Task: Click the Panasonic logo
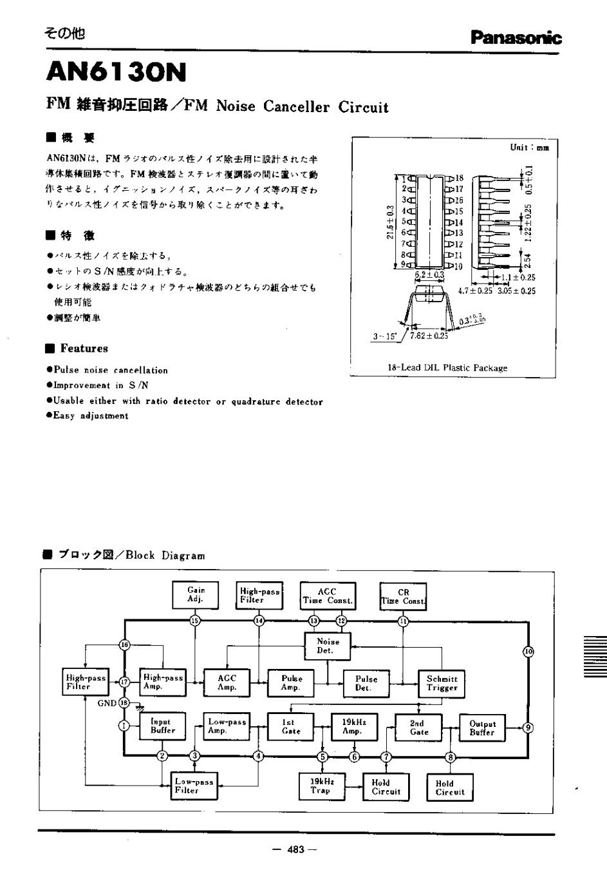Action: pos(516,38)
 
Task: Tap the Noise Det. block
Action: pos(328,646)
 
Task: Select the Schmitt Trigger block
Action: pos(442,683)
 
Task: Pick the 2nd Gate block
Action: pos(418,727)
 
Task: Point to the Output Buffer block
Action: pos(482,728)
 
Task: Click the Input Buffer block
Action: pos(162,726)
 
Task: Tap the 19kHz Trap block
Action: pos(320,785)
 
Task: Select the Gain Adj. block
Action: pos(196,594)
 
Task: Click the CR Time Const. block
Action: pos(403,596)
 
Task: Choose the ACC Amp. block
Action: pos(227,682)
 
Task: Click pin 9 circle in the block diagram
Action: pos(528,728)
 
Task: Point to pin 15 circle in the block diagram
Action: pos(195,621)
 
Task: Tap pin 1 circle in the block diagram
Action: pos(124,726)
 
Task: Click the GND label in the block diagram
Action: pos(106,703)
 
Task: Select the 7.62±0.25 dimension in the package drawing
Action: pos(429,336)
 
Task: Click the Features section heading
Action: pos(84,349)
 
